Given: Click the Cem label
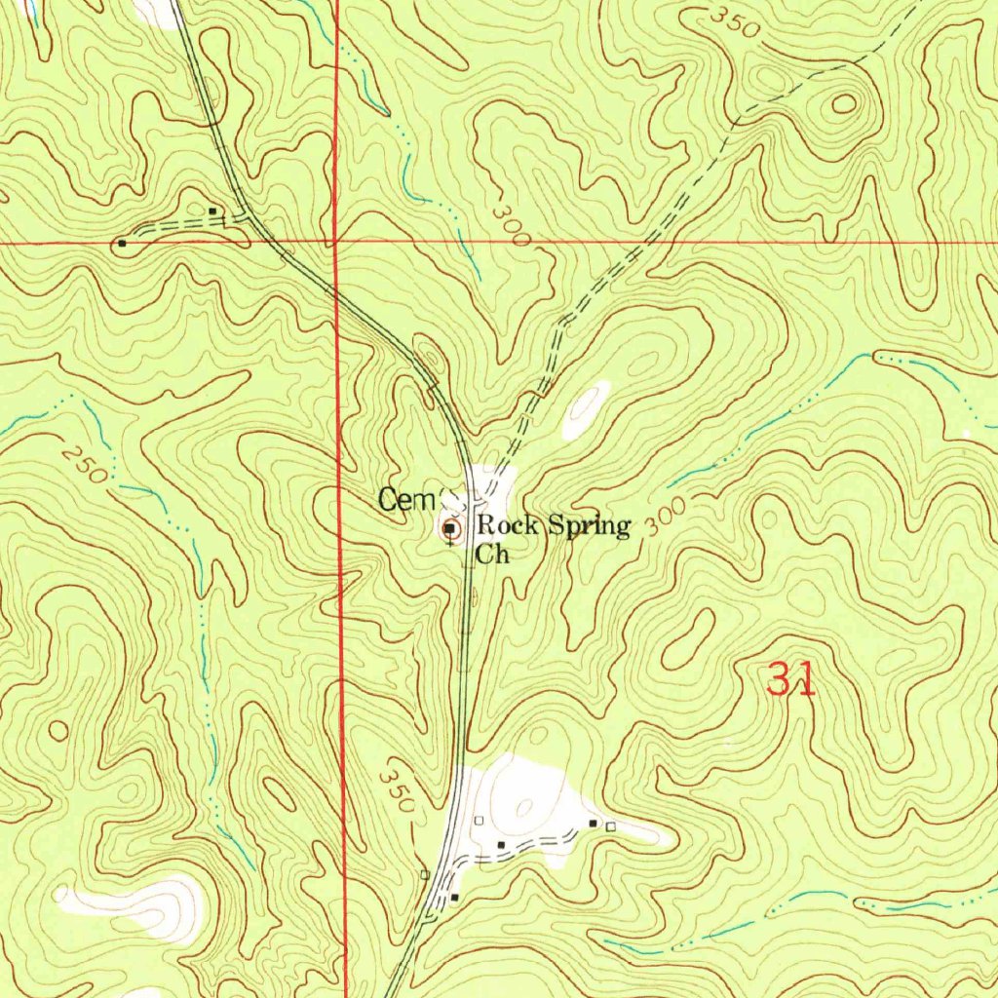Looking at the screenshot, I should point(399,501).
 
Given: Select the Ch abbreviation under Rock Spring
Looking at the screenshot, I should point(492,557).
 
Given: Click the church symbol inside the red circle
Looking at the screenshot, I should point(450,529).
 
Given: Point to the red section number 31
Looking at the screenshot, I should point(790,678).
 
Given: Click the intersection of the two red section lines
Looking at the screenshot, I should point(334,241).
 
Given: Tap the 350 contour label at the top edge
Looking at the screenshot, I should point(734,21).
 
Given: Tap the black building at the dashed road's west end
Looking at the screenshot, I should point(121,243).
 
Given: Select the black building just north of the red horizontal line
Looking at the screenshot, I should point(213,211).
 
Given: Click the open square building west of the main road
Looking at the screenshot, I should point(425,874).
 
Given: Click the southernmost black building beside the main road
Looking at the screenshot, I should point(454,896).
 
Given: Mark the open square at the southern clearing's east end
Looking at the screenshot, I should point(611,826).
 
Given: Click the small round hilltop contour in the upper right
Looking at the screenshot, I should point(842,102).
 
